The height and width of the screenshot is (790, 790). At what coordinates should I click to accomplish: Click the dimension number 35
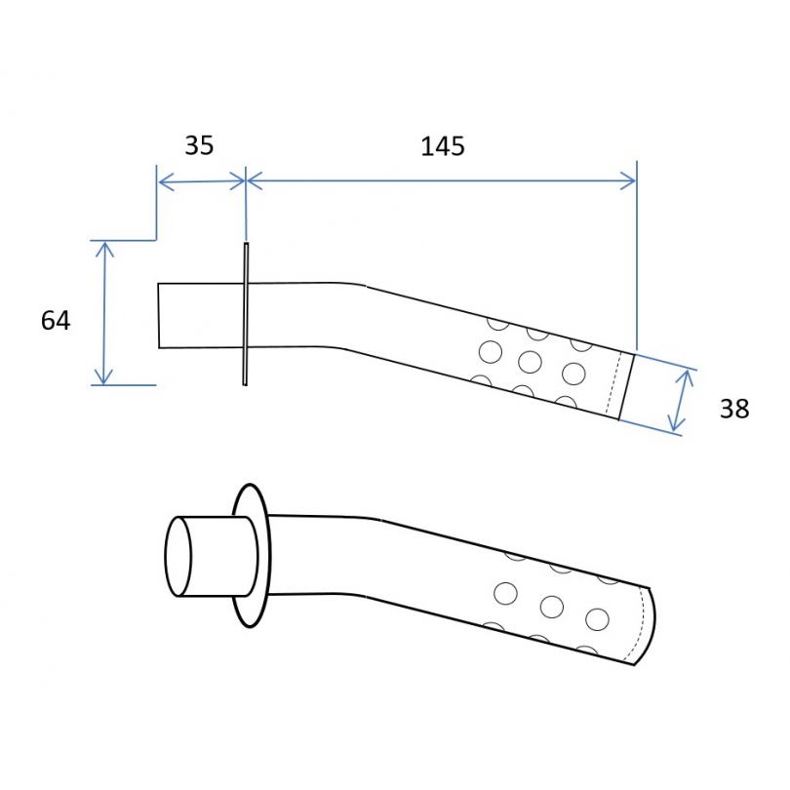(199, 145)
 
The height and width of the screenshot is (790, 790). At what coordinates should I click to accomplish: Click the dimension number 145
(443, 146)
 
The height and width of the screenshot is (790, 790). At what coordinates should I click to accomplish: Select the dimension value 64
(56, 321)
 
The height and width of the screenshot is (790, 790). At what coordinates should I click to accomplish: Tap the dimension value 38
(734, 409)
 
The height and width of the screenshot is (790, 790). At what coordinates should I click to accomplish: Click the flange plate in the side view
(246, 314)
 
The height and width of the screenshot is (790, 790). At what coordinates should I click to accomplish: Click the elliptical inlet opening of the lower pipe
(178, 556)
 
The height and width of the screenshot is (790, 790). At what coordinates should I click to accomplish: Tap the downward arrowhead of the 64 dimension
(103, 376)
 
